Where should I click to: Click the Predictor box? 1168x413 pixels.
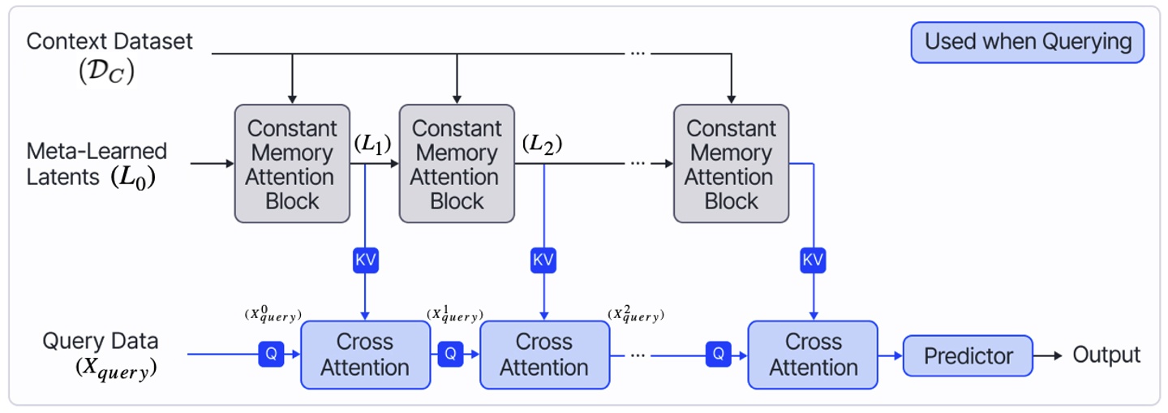tap(968, 355)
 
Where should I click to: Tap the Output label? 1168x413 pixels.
tap(1106, 355)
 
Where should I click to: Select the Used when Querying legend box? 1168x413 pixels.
tap(1028, 42)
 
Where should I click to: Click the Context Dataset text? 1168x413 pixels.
tap(110, 42)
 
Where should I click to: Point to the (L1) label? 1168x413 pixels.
tap(373, 144)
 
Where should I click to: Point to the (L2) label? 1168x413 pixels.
tap(542, 144)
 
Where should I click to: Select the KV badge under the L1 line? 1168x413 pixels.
tap(366, 260)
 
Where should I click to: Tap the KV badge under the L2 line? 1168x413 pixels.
tap(542, 260)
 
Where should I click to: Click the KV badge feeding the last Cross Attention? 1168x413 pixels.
tap(812, 260)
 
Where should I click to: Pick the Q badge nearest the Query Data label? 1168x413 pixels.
tap(271, 354)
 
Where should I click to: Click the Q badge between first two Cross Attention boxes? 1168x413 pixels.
tap(451, 354)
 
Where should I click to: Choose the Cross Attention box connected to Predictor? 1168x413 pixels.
tap(812, 355)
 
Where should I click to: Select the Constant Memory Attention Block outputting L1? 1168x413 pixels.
tap(291, 164)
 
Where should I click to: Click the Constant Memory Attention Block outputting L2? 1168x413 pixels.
tap(456, 164)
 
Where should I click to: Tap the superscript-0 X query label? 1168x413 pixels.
tap(273, 314)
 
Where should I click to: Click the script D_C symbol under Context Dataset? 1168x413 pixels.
tap(106, 72)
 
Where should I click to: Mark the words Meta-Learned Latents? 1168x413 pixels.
tap(97, 164)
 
